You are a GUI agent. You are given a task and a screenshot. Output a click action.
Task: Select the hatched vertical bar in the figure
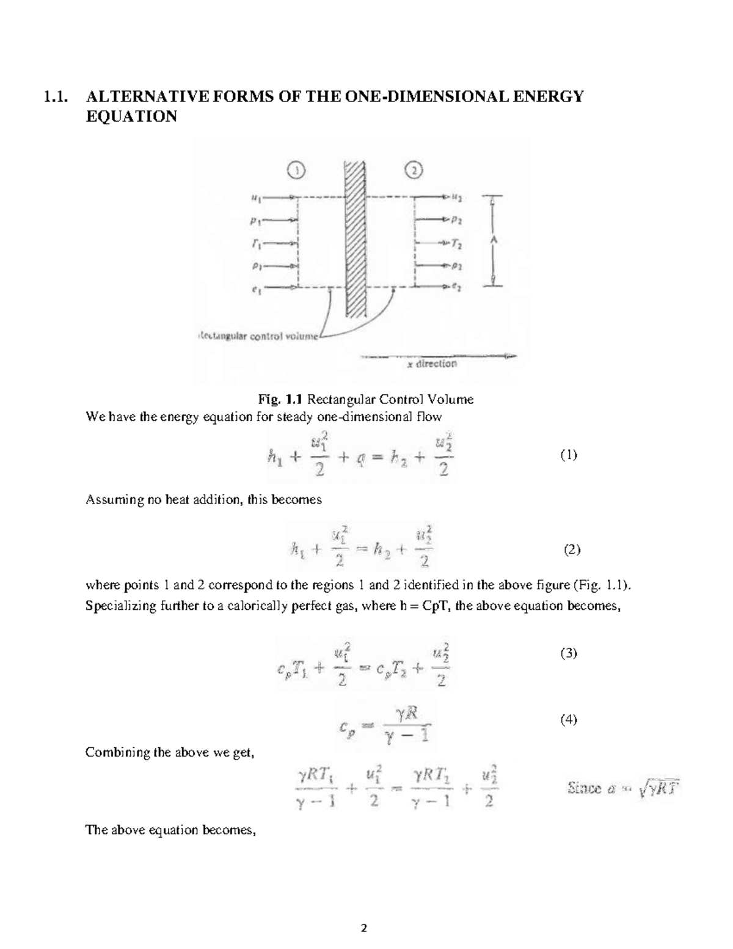[x=355, y=238]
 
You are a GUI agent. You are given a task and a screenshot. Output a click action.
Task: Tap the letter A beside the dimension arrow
[x=494, y=241]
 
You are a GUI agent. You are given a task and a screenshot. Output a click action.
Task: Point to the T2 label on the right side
[x=456, y=245]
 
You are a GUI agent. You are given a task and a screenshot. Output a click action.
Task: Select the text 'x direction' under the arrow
[x=432, y=364]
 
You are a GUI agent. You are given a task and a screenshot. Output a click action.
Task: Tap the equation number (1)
[x=568, y=455]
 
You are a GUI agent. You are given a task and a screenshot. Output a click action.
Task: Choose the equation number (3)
[x=568, y=653]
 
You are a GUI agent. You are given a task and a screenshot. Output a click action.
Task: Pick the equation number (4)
[x=568, y=719]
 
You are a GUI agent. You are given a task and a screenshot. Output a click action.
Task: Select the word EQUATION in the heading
[x=131, y=116]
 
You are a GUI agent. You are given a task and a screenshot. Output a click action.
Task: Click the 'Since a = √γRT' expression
[x=623, y=789]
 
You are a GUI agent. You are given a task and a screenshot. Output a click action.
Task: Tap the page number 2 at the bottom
[x=364, y=928]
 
